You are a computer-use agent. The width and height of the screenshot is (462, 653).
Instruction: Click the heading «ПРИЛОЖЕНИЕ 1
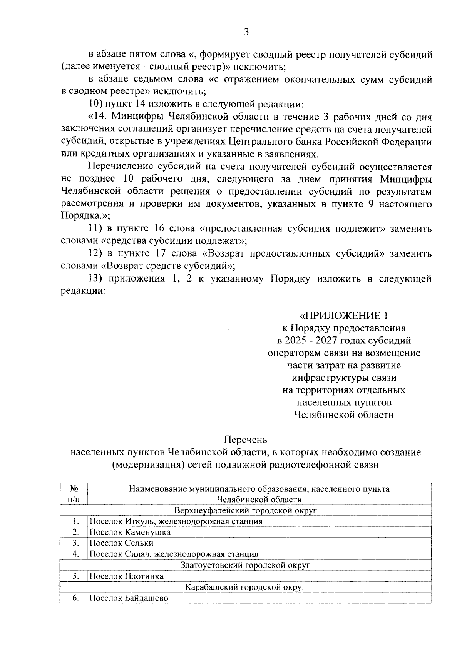click(x=344, y=316)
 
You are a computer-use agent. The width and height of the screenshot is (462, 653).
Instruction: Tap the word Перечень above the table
click(x=246, y=439)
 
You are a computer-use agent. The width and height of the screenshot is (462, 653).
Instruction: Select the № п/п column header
click(x=74, y=494)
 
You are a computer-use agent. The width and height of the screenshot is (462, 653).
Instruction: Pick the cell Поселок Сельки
click(x=121, y=543)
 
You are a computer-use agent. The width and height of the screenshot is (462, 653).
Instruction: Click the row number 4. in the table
click(x=76, y=554)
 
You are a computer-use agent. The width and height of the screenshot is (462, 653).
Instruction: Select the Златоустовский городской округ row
click(x=245, y=565)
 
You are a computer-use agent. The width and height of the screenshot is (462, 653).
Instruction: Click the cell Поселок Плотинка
click(x=126, y=576)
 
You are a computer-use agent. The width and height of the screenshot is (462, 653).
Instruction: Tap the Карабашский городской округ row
click(x=245, y=587)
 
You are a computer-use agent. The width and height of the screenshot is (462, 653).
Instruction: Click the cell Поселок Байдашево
click(x=129, y=598)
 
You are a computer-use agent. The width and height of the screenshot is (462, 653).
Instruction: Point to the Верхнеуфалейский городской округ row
click(x=245, y=510)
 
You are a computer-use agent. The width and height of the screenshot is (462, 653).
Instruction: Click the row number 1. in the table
click(x=76, y=521)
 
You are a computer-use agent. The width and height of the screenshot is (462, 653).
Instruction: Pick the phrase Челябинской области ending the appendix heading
click(x=344, y=415)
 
